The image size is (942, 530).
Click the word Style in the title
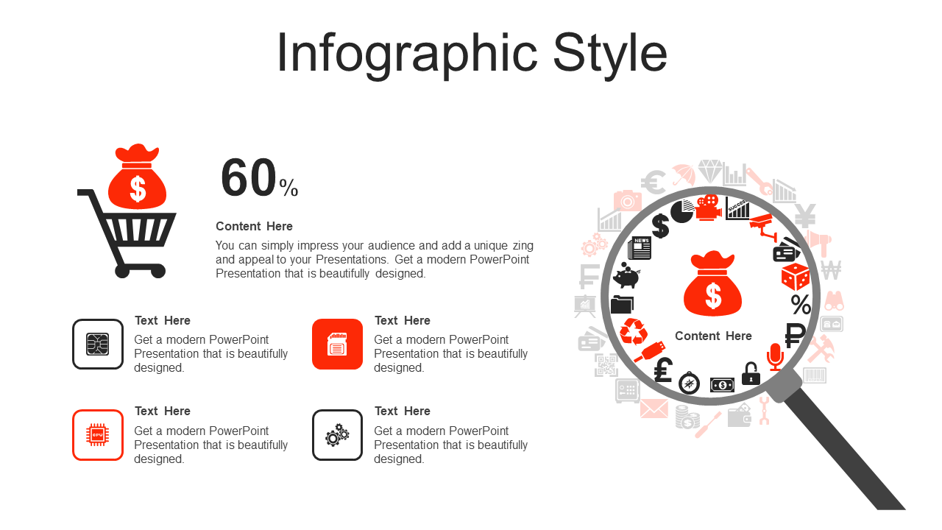[610, 54]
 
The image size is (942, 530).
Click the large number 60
[249, 177]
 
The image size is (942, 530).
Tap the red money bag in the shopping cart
[137, 177]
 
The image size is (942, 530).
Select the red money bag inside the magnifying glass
[712, 283]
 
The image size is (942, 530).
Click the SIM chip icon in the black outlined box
[98, 344]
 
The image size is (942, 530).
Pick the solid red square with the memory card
[337, 344]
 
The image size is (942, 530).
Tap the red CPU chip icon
[98, 435]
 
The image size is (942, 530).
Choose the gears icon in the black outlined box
[337, 435]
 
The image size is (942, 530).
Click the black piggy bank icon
[626, 275]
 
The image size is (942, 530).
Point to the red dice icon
[796, 276]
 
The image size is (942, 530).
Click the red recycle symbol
[634, 331]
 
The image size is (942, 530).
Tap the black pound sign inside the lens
[663, 370]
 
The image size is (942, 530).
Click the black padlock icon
[751, 373]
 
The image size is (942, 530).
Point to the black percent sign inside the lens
[801, 305]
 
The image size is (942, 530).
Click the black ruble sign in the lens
[794, 335]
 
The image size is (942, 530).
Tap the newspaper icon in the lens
[640, 248]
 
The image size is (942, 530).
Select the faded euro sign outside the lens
[653, 182]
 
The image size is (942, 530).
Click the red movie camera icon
[708, 207]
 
